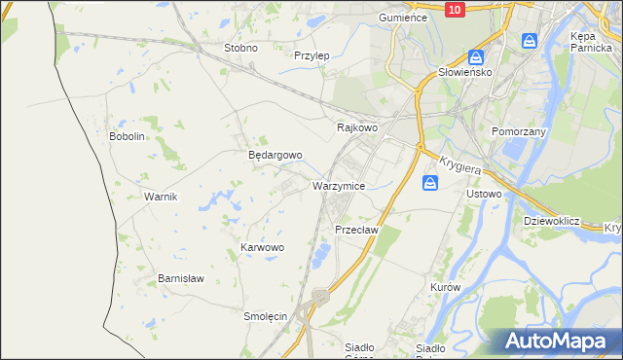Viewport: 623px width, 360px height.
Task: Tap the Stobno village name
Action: [240, 48]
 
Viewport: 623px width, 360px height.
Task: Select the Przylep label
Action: [311, 55]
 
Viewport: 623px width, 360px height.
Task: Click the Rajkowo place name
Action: [356, 127]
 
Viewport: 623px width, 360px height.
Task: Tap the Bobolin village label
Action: [127, 137]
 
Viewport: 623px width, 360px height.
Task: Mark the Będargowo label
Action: [275, 155]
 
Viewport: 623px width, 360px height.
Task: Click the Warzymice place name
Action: [339, 185]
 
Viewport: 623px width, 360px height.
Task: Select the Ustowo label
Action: [484, 194]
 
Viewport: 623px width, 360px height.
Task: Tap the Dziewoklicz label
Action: [551, 221]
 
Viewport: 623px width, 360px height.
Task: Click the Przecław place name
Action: [355, 230]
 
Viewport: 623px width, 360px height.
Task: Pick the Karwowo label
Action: [262, 248]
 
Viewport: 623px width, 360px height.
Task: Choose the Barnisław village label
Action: [181, 278]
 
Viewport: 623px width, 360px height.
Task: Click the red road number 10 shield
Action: [455, 9]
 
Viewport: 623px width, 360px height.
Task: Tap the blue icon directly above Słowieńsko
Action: [476, 57]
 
